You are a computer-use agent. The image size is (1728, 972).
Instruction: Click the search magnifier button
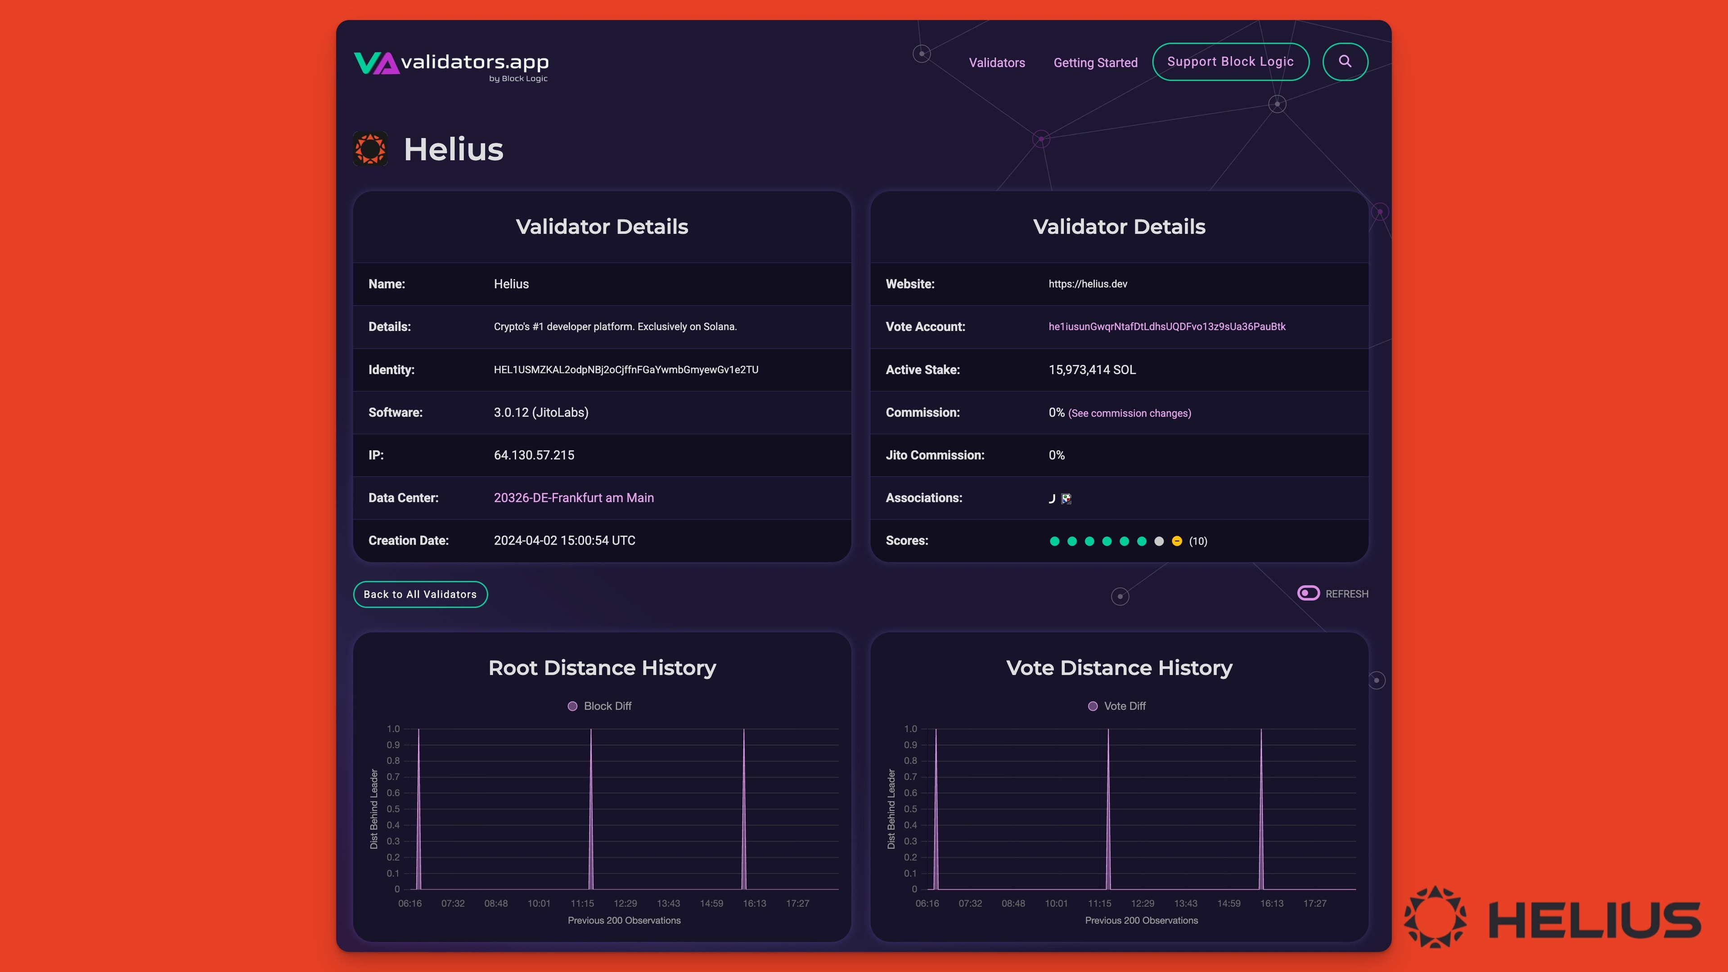click(x=1345, y=62)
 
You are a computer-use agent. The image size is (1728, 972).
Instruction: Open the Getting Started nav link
click(x=1095, y=63)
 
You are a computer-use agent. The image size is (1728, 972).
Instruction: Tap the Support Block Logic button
click(x=1230, y=62)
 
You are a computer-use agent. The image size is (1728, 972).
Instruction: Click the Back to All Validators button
click(x=420, y=594)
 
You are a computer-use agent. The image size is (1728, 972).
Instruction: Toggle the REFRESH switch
click(x=1308, y=593)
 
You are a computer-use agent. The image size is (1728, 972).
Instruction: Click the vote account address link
click(x=1166, y=327)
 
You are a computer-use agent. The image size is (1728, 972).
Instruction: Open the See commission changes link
click(x=1129, y=413)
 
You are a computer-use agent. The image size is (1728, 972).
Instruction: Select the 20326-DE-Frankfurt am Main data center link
click(x=574, y=498)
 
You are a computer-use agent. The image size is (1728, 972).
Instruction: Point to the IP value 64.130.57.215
click(x=534, y=455)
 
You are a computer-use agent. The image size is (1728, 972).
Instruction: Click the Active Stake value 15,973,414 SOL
click(x=1092, y=369)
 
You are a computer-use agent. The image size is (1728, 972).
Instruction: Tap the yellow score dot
click(x=1177, y=541)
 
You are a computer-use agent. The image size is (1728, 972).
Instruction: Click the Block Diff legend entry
click(x=600, y=706)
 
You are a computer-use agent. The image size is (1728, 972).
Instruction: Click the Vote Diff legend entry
click(x=1117, y=706)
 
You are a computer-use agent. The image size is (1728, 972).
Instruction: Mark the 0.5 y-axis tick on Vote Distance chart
click(x=910, y=809)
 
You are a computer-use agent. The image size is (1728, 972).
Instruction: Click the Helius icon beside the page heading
click(x=370, y=149)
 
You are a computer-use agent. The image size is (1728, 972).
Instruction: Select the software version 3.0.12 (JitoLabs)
click(x=540, y=413)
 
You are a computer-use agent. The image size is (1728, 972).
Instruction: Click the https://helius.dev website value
click(x=1087, y=284)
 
